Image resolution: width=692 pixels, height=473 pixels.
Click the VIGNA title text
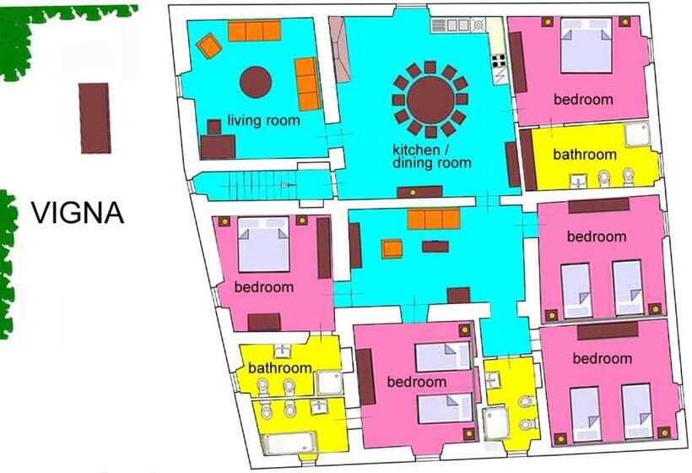(78, 213)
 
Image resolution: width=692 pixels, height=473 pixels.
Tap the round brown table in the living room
(256, 82)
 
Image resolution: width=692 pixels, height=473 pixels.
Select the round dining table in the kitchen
(430, 100)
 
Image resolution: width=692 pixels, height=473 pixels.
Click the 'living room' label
(264, 120)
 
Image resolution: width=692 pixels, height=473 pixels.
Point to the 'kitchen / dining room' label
(431, 156)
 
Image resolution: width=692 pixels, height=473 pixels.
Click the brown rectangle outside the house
(95, 118)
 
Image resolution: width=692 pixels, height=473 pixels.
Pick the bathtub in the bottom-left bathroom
(289, 443)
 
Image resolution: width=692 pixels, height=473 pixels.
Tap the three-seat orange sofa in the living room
(254, 31)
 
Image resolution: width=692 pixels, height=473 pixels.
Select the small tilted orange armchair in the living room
(208, 46)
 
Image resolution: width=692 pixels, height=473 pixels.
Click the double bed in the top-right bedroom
(586, 45)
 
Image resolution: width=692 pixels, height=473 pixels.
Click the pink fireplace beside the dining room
(339, 50)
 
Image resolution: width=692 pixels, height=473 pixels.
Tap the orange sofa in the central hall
(434, 220)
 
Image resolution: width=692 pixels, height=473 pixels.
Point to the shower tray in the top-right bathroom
(637, 134)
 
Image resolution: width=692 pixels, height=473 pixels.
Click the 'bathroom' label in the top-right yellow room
(585, 155)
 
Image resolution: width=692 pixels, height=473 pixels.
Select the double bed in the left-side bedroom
(264, 244)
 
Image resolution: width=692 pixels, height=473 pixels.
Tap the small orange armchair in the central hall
(392, 248)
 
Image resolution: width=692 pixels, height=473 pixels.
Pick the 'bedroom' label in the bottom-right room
(602, 359)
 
